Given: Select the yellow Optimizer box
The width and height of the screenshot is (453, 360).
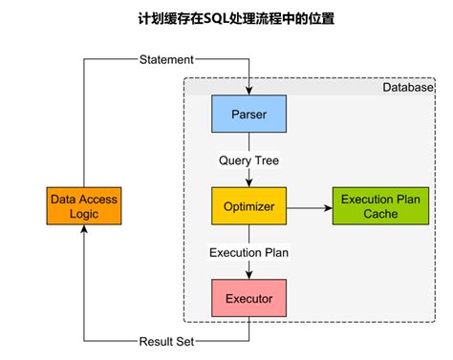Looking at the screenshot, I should click(x=248, y=205).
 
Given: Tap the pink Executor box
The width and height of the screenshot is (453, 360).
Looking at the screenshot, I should click(x=248, y=299).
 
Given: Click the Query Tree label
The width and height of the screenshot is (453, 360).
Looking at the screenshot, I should click(x=248, y=159).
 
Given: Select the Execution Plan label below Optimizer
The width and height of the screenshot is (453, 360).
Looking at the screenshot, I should click(x=248, y=253).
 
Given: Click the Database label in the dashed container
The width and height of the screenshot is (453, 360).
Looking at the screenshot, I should click(x=408, y=87).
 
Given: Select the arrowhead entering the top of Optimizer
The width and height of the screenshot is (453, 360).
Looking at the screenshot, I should click(x=248, y=183).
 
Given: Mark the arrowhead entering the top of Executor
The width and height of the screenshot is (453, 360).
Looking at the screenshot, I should click(x=248, y=277).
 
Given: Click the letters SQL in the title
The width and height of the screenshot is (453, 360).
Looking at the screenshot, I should click(x=218, y=18).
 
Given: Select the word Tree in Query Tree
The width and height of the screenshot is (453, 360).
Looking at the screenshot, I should click(x=266, y=159).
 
